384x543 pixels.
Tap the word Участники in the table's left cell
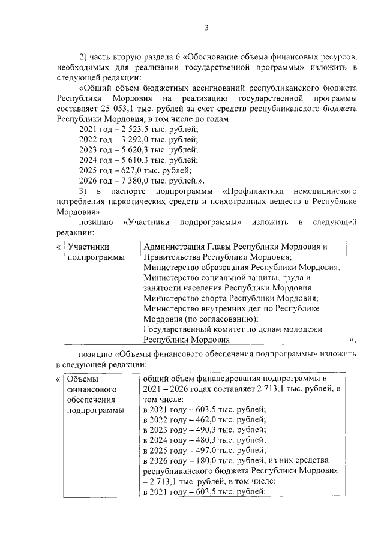pos(88,247)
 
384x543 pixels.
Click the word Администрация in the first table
pos(178,247)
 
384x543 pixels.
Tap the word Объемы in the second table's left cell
pos(83,379)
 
